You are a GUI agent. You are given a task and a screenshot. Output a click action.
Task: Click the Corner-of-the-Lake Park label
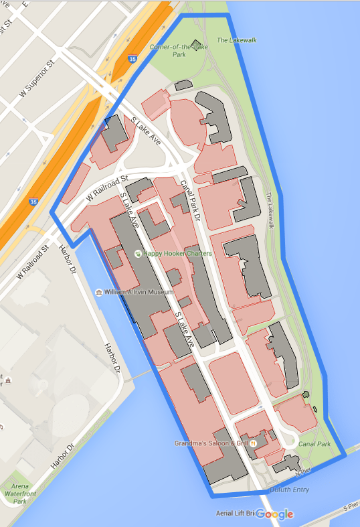[x=171, y=51]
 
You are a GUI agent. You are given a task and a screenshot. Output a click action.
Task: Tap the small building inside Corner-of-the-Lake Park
[x=195, y=46]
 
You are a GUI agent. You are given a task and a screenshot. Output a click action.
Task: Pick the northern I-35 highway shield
[x=134, y=59]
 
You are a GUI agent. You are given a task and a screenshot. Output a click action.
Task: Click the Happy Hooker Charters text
[x=179, y=254]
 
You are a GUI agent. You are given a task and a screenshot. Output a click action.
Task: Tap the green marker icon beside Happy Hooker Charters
[x=139, y=254]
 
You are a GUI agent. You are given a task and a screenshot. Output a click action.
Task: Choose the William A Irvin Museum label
[x=138, y=293]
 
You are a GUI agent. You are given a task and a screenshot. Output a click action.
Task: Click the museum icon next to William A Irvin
[x=98, y=293]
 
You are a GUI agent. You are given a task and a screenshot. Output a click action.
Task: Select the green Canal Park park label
[x=314, y=443]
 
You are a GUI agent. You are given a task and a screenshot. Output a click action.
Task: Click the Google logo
[x=274, y=514]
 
